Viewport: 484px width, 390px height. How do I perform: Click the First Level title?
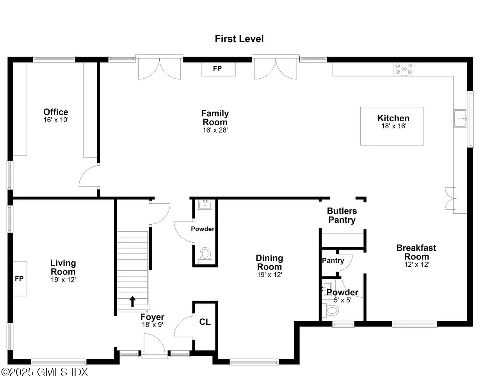(x=239, y=39)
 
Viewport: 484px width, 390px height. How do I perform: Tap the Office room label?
(x=56, y=112)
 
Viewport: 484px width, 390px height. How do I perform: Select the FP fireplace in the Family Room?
(x=218, y=69)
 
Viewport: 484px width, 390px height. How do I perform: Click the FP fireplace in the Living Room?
(x=20, y=279)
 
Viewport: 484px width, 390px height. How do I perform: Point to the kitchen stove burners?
(x=404, y=69)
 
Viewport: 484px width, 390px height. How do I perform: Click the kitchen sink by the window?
(x=461, y=119)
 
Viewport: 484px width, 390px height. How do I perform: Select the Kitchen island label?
(x=393, y=118)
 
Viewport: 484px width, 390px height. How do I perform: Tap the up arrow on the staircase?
(x=132, y=301)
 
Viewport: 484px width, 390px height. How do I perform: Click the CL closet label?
(x=205, y=322)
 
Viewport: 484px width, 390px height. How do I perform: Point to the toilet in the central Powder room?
(x=205, y=255)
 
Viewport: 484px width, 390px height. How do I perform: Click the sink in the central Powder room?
(x=205, y=204)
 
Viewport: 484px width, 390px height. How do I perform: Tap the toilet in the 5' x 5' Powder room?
(x=332, y=311)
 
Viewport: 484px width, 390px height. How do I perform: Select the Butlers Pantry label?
(x=342, y=215)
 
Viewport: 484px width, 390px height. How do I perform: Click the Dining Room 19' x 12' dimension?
(x=269, y=275)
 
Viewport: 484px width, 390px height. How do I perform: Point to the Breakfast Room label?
(x=416, y=252)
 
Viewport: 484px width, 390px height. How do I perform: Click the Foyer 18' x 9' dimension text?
(x=152, y=324)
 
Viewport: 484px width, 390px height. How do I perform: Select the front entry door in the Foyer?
(x=154, y=345)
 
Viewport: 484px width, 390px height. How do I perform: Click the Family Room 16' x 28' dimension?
(x=215, y=130)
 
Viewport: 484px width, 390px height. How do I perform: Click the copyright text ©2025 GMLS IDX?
(x=45, y=372)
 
